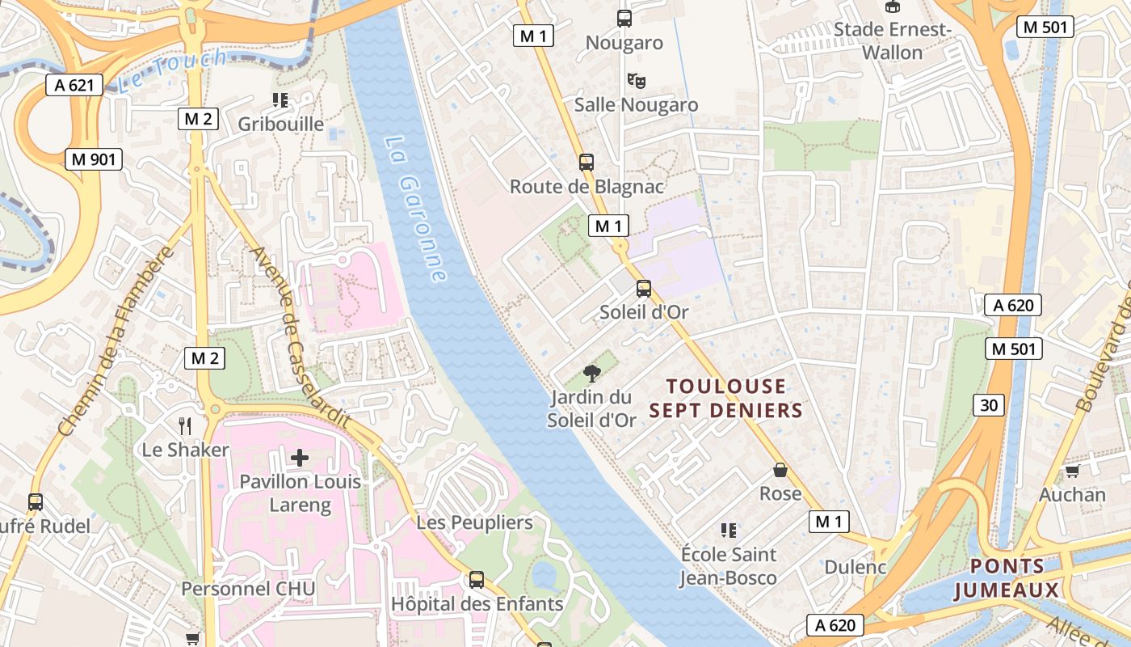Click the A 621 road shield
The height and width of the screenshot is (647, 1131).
click(x=74, y=85)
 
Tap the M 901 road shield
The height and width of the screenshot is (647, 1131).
click(x=94, y=159)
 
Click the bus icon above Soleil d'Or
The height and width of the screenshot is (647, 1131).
click(x=644, y=288)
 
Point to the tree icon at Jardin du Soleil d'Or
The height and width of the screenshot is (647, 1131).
click(x=592, y=373)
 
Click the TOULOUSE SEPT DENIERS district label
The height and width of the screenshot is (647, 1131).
click(x=725, y=398)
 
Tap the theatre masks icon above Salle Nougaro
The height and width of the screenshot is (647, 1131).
click(x=637, y=80)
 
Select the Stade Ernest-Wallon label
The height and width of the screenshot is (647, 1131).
click(x=893, y=41)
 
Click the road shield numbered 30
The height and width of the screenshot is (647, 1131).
click(x=989, y=404)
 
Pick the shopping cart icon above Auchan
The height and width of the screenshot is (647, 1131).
click(x=1072, y=471)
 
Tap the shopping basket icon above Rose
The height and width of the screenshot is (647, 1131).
click(x=780, y=469)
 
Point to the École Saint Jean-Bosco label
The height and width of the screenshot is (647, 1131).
click(x=728, y=566)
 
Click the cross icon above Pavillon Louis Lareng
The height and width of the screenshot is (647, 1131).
click(x=300, y=458)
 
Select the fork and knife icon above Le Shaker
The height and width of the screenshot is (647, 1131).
click(x=186, y=425)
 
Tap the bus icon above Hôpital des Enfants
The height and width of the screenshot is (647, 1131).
click(x=477, y=579)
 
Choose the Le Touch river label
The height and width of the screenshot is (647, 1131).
click(x=171, y=71)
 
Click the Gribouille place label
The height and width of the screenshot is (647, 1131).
click(x=280, y=124)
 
